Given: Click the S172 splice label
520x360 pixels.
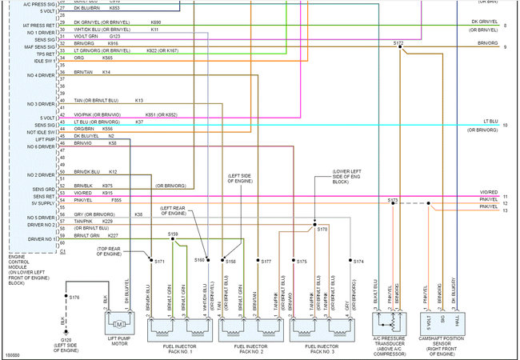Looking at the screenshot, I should pyautogui.click(x=398, y=42).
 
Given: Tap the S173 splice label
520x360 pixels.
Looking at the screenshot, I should pyautogui.click(x=393, y=200).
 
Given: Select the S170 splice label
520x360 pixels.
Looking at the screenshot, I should pyautogui.click(x=322, y=229).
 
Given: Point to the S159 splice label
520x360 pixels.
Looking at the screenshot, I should pyautogui.click(x=173, y=234).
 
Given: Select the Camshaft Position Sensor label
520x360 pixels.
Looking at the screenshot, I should pyautogui.click(x=442, y=349).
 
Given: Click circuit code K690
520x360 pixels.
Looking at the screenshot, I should pyautogui.click(x=155, y=22).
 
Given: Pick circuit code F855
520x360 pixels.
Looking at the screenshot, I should pyautogui.click(x=117, y=200).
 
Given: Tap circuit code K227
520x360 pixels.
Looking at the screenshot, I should pyautogui.click(x=113, y=235).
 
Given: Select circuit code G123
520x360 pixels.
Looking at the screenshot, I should pyautogui.click(x=115, y=36).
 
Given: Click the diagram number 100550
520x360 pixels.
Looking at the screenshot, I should pyautogui.click(x=12, y=354).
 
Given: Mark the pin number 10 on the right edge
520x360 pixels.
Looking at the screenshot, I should pyautogui.click(x=505, y=125).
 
